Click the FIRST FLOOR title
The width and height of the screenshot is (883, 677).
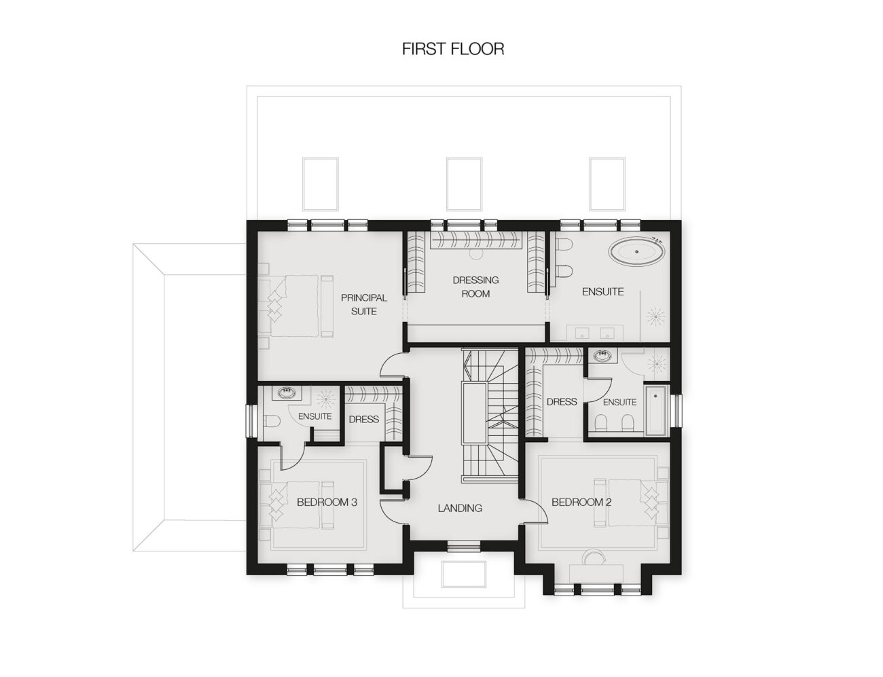click(x=452, y=49)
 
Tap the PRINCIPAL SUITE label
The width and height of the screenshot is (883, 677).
click(x=363, y=304)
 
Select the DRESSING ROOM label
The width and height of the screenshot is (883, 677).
click(x=475, y=287)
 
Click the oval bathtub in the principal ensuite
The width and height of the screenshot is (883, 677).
click(x=636, y=252)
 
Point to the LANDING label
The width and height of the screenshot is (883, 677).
click(x=460, y=508)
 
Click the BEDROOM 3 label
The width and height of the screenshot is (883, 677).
click(x=327, y=502)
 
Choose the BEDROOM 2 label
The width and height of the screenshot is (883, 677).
click(x=581, y=502)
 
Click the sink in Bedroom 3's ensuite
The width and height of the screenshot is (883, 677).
click(x=287, y=392)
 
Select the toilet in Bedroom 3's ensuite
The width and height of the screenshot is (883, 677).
click(x=272, y=421)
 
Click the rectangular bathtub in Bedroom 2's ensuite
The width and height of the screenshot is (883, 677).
click(x=655, y=411)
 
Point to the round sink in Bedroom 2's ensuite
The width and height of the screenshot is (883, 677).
click(x=602, y=356)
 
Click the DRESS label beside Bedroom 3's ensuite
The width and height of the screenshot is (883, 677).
click(x=363, y=419)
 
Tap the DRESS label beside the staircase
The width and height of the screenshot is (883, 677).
click(x=562, y=402)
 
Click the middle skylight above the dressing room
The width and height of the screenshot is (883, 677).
click(x=464, y=184)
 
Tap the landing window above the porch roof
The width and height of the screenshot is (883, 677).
click(x=464, y=547)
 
